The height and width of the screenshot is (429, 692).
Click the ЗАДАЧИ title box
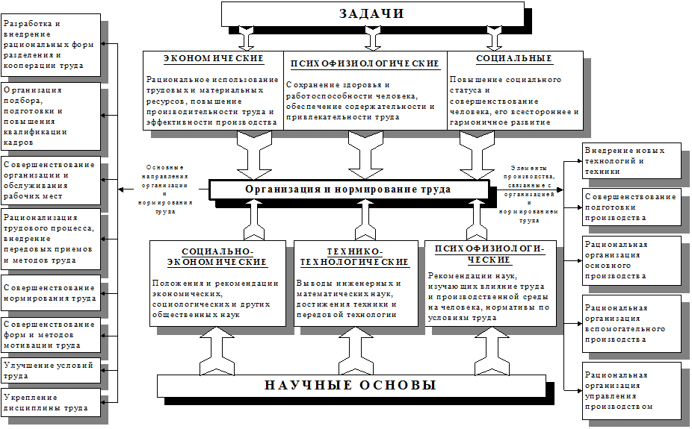[x=371, y=13]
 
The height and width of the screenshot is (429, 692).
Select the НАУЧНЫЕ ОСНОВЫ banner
[x=350, y=386]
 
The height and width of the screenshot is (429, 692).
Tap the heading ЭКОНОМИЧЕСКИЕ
[x=213, y=59]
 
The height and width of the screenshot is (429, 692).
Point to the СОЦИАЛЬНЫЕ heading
[x=514, y=59]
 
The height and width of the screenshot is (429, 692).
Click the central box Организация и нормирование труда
[x=348, y=190]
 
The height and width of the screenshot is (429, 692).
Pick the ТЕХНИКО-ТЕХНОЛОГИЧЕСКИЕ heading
[x=354, y=257]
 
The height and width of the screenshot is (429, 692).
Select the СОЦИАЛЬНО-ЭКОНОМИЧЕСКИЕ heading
[x=217, y=257]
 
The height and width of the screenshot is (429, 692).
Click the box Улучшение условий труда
[x=50, y=371]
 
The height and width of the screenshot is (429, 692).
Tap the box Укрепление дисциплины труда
[x=50, y=403]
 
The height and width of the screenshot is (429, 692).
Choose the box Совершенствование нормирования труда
[x=50, y=292]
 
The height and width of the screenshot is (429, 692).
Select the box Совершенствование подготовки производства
[x=631, y=207]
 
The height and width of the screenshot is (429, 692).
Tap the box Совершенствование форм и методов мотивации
[x=50, y=335]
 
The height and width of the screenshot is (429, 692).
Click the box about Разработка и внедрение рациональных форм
[x=50, y=46]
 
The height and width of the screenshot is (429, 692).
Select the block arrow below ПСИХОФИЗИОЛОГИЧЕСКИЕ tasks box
[x=365, y=154]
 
